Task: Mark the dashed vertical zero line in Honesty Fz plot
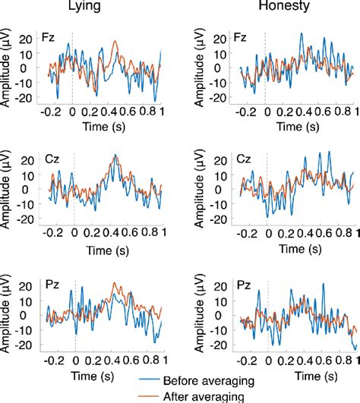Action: click(x=266, y=68)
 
